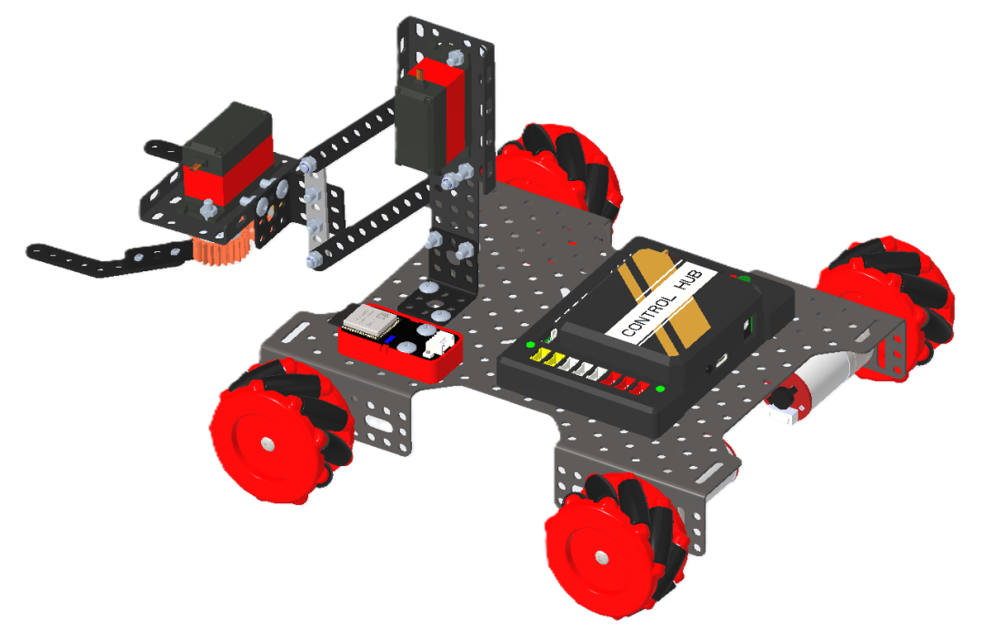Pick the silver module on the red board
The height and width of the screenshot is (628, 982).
[371, 321]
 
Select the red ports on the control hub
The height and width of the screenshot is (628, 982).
[626, 381]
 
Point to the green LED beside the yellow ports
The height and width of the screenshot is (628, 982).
[530, 345]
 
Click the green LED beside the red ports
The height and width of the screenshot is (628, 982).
[660, 390]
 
